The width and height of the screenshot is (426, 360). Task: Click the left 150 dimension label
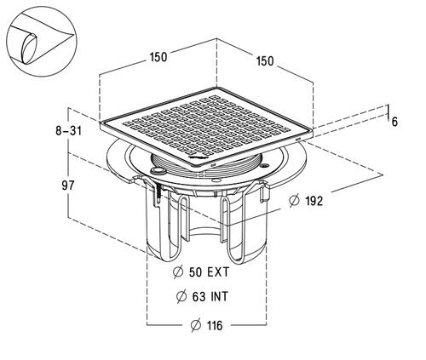click(158, 57)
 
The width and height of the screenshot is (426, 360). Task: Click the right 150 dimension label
click(265, 61)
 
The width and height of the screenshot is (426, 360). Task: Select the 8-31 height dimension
click(68, 131)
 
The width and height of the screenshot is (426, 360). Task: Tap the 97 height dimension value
click(68, 186)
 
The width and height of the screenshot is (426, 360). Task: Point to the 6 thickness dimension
click(394, 122)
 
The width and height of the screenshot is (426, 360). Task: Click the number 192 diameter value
click(314, 201)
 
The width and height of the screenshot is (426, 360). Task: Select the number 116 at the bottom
click(215, 325)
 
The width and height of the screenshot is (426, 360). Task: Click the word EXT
click(218, 272)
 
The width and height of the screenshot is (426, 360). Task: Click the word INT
click(219, 297)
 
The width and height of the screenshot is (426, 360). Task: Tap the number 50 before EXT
click(195, 272)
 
